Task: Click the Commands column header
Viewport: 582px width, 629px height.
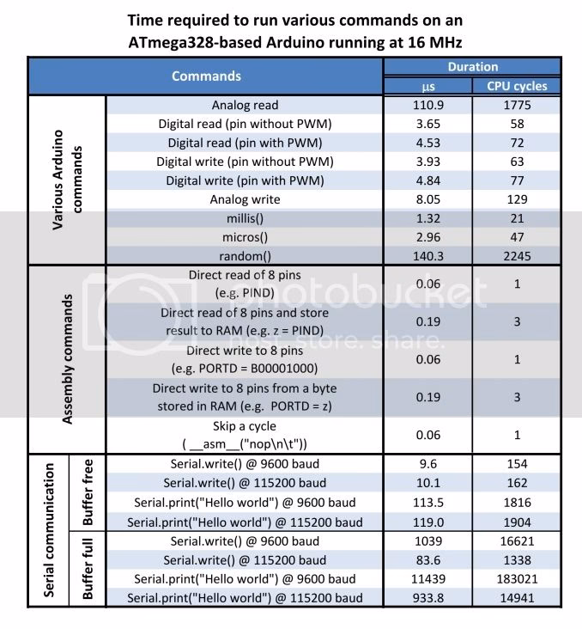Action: point(206,76)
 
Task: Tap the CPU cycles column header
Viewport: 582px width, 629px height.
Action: point(511,86)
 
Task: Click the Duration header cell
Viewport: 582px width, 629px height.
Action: point(472,66)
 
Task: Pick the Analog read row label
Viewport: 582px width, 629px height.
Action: point(245,105)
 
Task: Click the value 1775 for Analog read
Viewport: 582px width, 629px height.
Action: point(511,105)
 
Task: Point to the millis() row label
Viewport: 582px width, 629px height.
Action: point(245,218)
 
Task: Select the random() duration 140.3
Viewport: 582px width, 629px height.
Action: point(426,256)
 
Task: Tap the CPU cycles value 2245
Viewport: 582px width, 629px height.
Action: point(511,256)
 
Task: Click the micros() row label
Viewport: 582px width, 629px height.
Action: point(245,237)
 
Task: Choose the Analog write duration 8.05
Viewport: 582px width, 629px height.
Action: point(426,199)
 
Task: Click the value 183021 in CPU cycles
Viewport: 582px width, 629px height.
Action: point(511,579)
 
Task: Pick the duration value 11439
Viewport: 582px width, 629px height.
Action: point(426,579)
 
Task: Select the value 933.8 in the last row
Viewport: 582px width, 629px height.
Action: point(426,598)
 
